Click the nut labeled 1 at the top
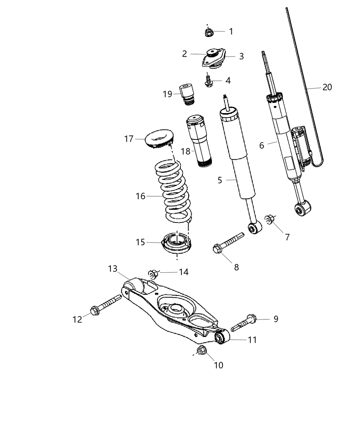coord(208,33)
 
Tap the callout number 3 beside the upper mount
coord(241,56)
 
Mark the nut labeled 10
coord(202,350)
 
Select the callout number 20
coord(327,87)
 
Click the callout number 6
coord(262,145)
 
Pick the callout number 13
coord(113,269)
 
